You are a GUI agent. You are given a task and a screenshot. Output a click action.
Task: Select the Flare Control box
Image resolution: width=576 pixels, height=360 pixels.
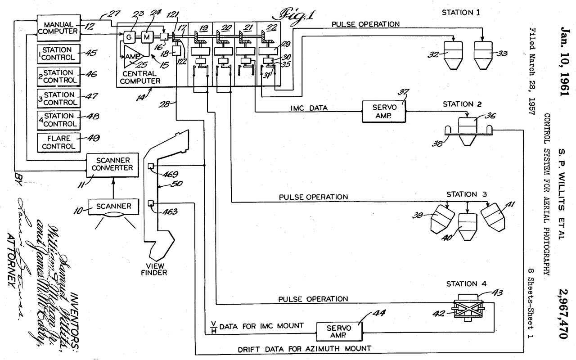59,142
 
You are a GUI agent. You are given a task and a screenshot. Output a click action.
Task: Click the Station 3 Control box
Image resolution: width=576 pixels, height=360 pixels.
59,99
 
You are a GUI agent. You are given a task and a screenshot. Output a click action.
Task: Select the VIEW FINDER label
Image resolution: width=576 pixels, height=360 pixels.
154,269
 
